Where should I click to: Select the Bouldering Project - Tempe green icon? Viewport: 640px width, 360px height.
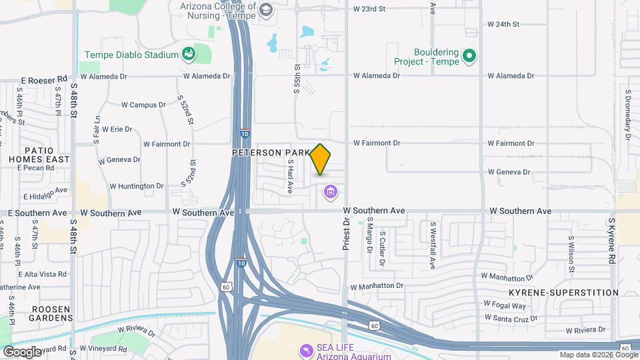pyautogui.click(x=470, y=56)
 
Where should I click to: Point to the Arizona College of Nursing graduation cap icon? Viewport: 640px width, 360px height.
pyautogui.click(x=265, y=9)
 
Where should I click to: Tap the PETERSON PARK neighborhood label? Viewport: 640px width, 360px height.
pyautogui.click(x=271, y=153)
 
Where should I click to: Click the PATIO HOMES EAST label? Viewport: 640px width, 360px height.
pyautogui.click(x=39, y=154)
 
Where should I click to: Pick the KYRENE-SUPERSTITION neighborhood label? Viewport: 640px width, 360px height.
pyautogui.click(x=563, y=293)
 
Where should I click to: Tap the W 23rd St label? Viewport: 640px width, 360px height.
pyautogui.click(x=369, y=9)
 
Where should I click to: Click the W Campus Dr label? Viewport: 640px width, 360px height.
pyautogui.click(x=143, y=105)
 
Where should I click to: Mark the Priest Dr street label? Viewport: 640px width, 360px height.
pyautogui.click(x=346, y=235)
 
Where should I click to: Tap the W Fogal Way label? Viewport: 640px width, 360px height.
pyautogui.click(x=505, y=305)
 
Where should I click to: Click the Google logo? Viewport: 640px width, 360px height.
pyautogui.click(x=22, y=351)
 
